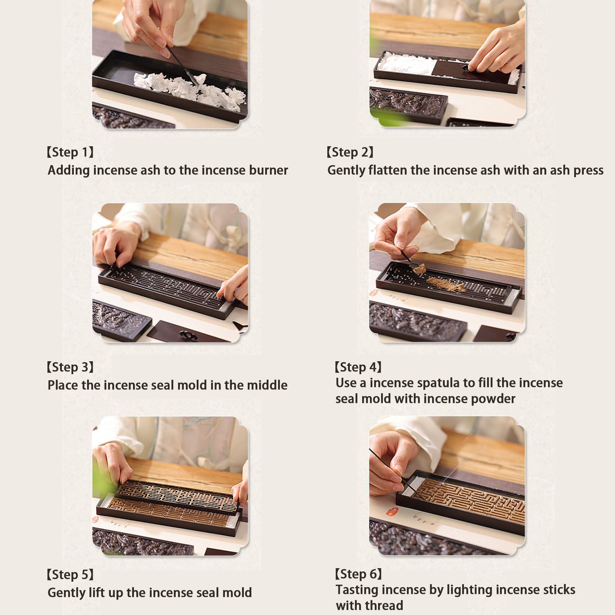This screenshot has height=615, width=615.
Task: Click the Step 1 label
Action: click(70, 152)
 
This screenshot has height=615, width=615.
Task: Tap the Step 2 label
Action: click(350, 152)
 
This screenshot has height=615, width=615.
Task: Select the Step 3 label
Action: click(70, 367)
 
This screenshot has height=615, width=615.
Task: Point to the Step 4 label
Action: click(358, 367)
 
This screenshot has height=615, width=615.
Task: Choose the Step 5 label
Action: click(70, 574)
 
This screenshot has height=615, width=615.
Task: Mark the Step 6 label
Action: click(358, 574)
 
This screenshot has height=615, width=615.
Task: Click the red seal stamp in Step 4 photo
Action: click(373, 292)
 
